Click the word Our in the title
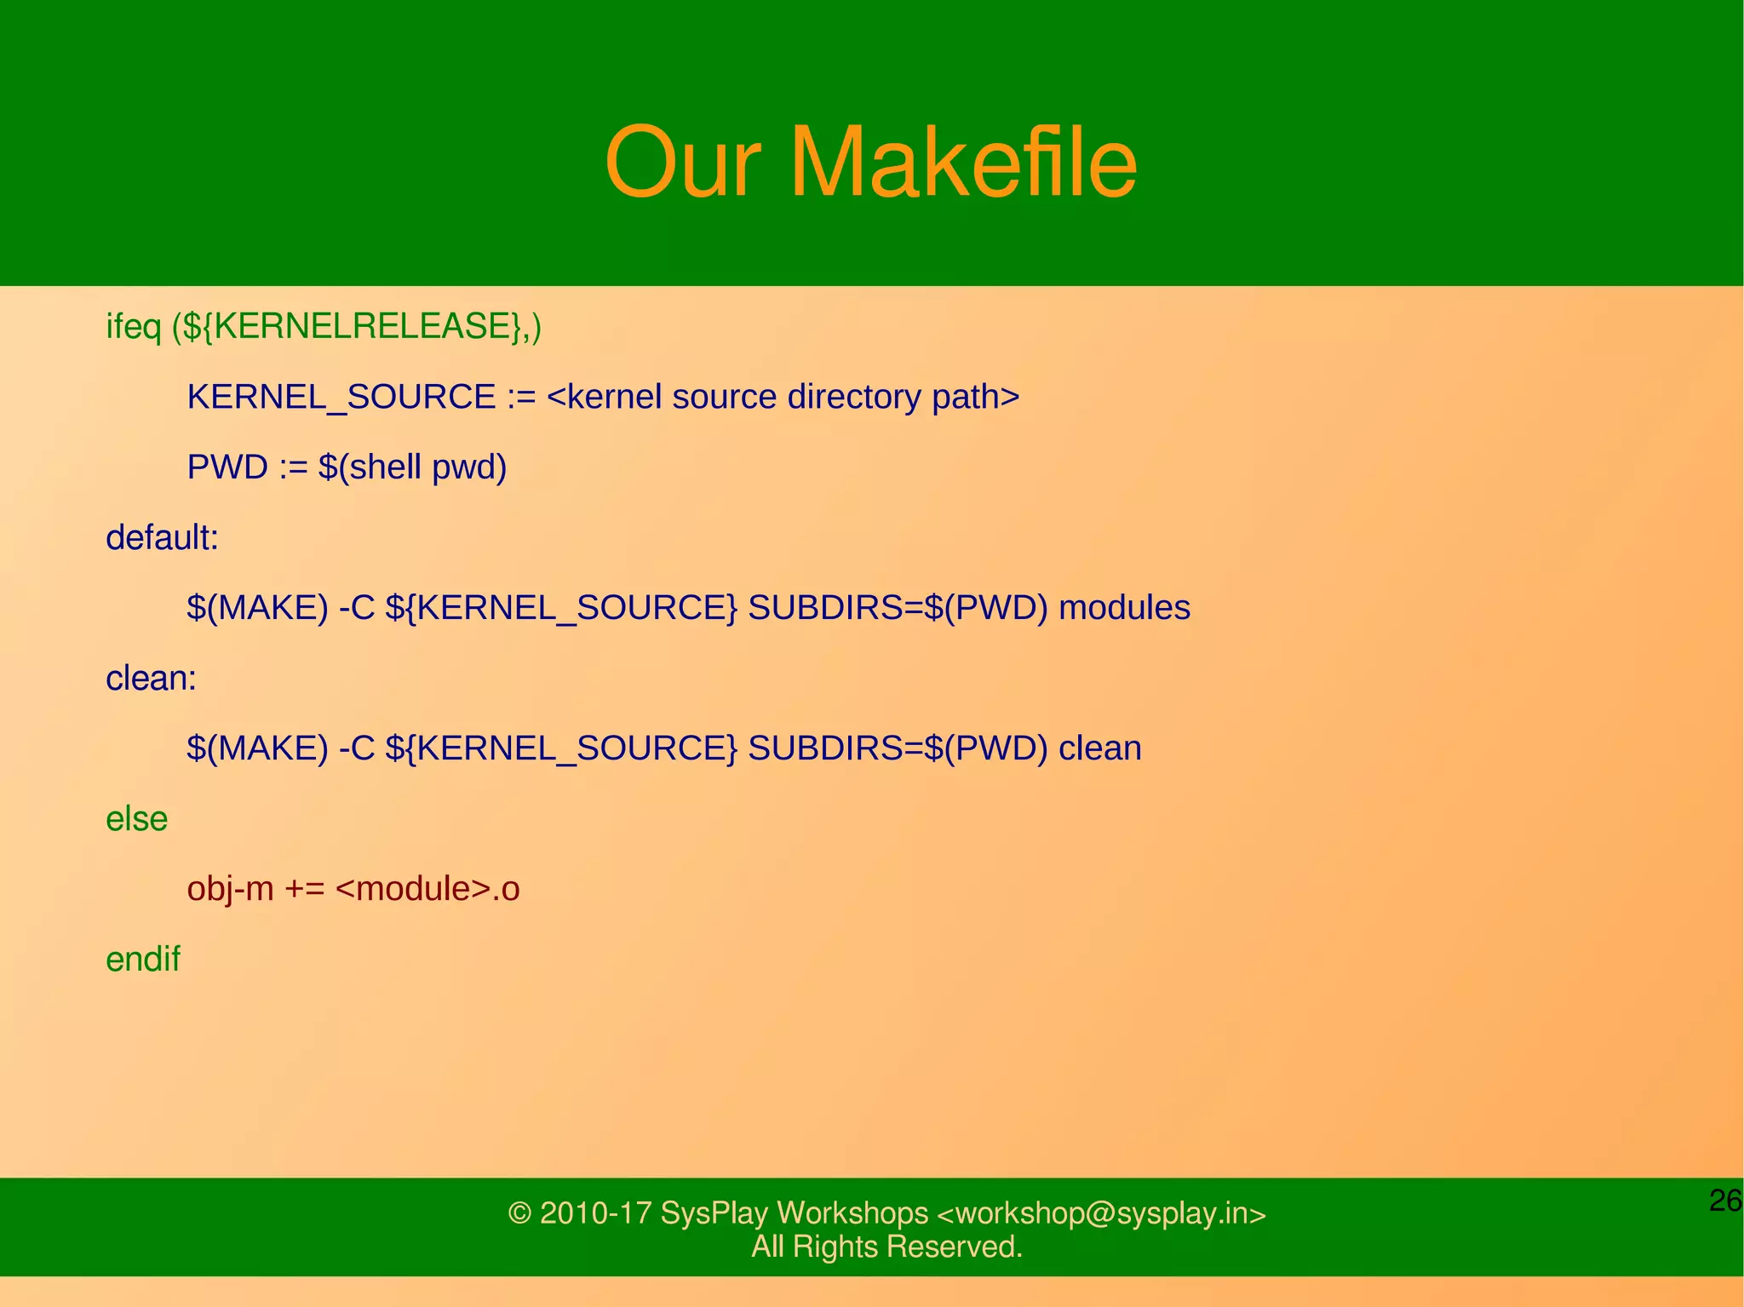click(681, 162)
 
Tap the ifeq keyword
click(134, 326)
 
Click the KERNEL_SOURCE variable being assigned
click(341, 397)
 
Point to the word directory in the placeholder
click(853, 397)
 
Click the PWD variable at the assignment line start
click(227, 467)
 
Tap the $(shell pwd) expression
click(412, 467)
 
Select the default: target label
click(162, 537)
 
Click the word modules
click(1124, 607)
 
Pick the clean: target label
click(151, 678)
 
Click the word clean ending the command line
click(1099, 748)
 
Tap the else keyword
click(136, 818)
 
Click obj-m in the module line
click(230, 888)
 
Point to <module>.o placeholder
click(427, 888)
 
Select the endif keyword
click(142, 959)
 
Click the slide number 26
click(1725, 1201)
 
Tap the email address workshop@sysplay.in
click(1101, 1212)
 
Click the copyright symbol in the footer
click(519, 1212)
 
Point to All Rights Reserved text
click(886, 1247)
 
